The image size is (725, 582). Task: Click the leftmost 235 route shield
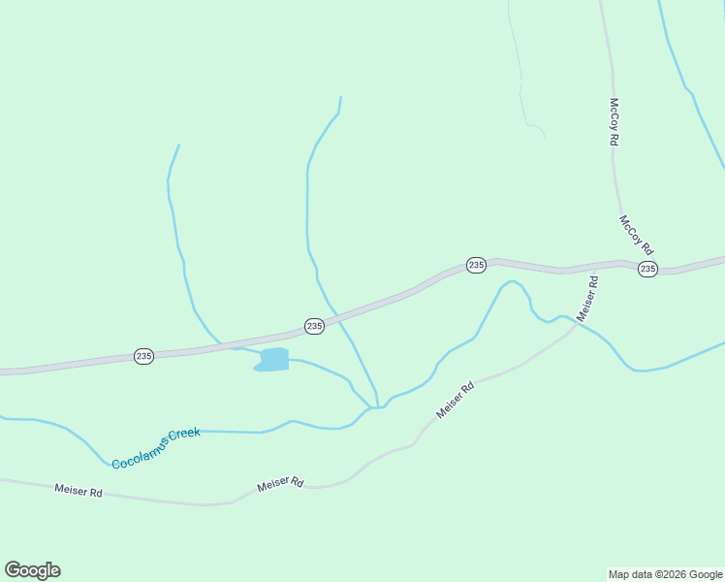pyautogui.click(x=143, y=356)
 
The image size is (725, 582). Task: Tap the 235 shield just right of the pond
pyautogui.click(x=314, y=326)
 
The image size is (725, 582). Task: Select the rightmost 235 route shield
pyautogui.click(x=648, y=269)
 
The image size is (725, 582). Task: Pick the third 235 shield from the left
pyautogui.click(x=476, y=265)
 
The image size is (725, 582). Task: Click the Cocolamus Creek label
pyautogui.click(x=155, y=449)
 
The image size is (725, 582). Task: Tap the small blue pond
pyautogui.click(x=274, y=360)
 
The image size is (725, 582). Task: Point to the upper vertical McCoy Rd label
pyautogui.click(x=614, y=121)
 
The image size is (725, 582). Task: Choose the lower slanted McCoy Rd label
pyautogui.click(x=637, y=235)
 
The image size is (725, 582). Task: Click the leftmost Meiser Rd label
pyautogui.click(x=79, y=492)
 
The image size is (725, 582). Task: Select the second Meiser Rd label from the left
pyautogui.click(x=281, y=483)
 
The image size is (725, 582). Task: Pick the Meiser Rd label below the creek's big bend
pyautogui.click(x=455, y=400)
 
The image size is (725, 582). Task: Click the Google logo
pyautogui.click(x=33, y=569)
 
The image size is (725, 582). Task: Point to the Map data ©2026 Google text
pyautogui.click(x=666, y=574)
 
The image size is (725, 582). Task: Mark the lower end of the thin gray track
pyautogui.click(x=544, y=139)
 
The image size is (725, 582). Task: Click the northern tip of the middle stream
pyautogui.click(x=340, y=97)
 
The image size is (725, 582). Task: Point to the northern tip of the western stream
pyautogui.click(x=178, y=145)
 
